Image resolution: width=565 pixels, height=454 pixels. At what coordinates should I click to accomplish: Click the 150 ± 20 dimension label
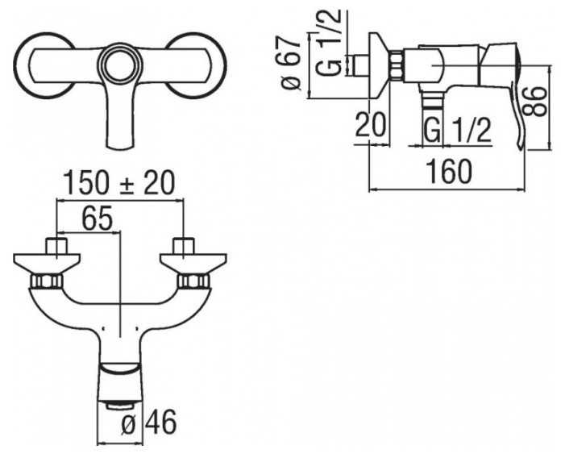click(x=119, y=183)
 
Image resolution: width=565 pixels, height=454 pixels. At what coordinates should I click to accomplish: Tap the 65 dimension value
click(x=98, y=219)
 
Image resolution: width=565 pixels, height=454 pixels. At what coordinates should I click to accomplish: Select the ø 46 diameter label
click(x=149, y=423)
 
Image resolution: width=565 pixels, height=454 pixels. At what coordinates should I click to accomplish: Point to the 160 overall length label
click(x=449, y=172)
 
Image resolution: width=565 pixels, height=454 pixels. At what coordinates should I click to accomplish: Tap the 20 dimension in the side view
click(x=371, y=125)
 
